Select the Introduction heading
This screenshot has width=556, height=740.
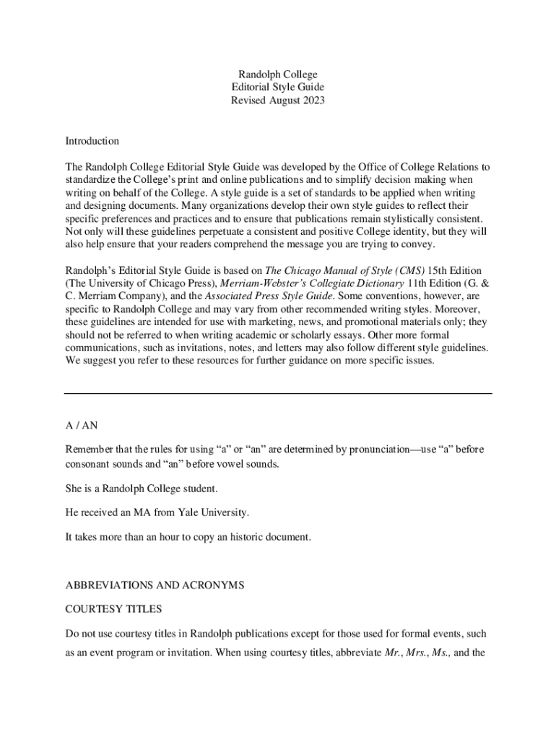92,141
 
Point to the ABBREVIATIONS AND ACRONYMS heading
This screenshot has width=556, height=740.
155,585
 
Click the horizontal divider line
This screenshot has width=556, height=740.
278,394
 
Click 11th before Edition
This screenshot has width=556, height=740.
418,283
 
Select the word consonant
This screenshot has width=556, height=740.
88,463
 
